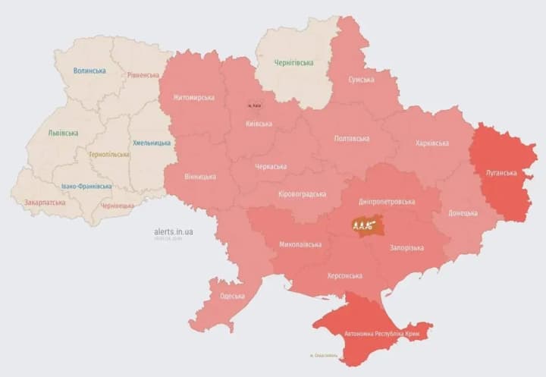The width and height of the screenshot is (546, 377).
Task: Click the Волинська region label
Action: (x=89, y=71)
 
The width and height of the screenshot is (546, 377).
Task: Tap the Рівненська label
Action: (x=143, y=75)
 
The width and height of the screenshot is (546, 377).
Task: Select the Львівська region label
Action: (x=63, y=133)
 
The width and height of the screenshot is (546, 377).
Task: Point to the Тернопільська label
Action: (x=108, y=154)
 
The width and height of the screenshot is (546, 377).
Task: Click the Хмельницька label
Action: (x=152, y=143)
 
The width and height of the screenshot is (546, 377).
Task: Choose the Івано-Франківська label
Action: (x=86, y=186)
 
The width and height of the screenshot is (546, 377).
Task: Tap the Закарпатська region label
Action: (x=44, y=203)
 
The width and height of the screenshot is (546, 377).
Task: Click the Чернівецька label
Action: (x=118, y=206)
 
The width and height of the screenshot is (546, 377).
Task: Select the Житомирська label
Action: (x=193, y=97)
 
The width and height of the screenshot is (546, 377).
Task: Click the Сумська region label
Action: (x=361, y=79)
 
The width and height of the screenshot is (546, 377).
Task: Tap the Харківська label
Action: (x=432, y=143)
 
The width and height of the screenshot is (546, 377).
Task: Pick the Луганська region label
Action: (x=501, y=173)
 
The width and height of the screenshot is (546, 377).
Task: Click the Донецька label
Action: (x=463, y=212)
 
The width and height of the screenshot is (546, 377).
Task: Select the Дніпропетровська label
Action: (x=388, y=202)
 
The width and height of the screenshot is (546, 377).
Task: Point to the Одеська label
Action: (x=232, y=296)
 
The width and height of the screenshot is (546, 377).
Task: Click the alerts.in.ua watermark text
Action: (x=172, y=231)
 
